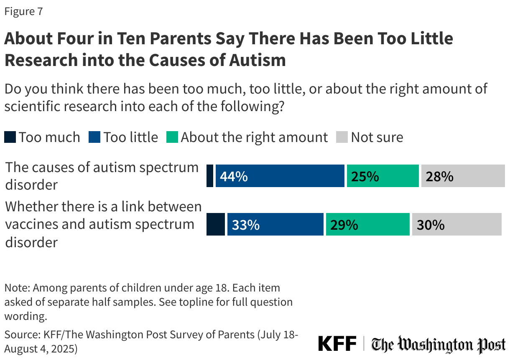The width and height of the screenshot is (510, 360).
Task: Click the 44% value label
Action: pyautogui.click(x=234, y=176)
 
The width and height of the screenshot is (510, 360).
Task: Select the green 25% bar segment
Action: pyautogui.click(x=382, y=176)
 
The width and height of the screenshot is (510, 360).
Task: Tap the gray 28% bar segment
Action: pyautogui.click(x=463, y=176)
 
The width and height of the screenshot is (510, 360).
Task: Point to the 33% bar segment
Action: pyautogui.click(x=275, y=225)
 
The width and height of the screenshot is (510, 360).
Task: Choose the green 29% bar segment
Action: pyautogui.click(x=367, y=225)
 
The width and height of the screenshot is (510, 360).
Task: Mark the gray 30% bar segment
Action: pyautogui.click(x=456, y=225)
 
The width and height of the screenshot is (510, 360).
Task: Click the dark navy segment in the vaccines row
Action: pyautogui.click(x=216, y=225)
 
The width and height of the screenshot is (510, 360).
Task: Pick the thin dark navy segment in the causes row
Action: pyautogui.click(x=210, y=176)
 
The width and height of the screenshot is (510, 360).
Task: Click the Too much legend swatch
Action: pyautogui.click(x=10, y=137)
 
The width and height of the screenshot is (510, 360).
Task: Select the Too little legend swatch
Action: pyautogui.click(x=94, y=137)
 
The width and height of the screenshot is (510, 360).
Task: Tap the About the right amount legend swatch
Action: pyautogui.click(x=172, y=137)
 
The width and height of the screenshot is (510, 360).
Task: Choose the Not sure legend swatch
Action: pyautogui.click(x=342, y=137)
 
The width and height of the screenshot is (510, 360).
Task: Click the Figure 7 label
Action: pyautogui.click(x=23, y=11)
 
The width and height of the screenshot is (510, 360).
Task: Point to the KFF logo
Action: pyautogui.click(x=337, y=344)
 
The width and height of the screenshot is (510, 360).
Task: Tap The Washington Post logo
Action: pyautogui.click(x=439, y=345)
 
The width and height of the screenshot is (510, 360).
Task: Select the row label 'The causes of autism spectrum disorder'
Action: pyautogui.click(x=102, y=176)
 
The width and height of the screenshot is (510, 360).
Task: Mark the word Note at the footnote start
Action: pyautogui.click(x=16, y=288)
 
